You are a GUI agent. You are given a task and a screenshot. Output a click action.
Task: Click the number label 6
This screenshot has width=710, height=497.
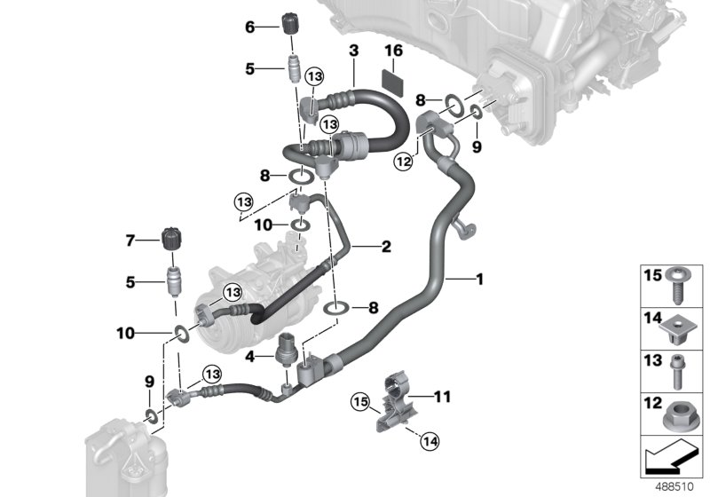249,28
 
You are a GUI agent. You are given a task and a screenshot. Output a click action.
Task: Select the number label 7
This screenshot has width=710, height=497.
130,241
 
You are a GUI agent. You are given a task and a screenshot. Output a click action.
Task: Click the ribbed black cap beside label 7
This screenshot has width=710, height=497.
170,240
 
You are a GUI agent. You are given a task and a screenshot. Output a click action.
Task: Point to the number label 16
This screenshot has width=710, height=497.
392,51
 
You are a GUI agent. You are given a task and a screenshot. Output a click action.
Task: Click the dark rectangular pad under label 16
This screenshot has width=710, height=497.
392,78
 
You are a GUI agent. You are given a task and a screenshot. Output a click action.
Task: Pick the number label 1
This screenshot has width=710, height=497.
478,280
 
